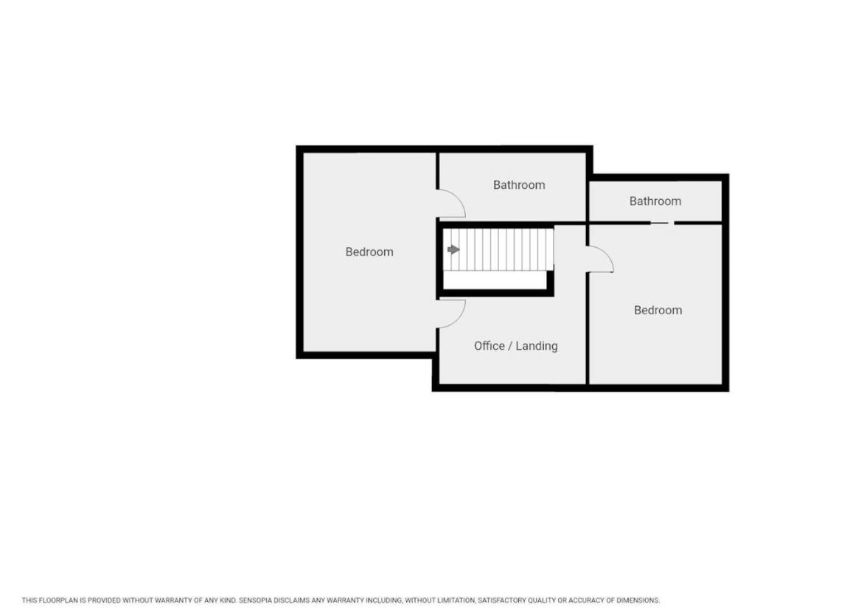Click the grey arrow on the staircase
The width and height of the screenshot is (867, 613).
click(453, 249)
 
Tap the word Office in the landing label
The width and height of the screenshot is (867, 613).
click(490, 346)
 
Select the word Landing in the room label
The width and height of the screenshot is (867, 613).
click(537, 347)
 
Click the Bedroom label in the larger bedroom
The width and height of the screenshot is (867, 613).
click(369, 252)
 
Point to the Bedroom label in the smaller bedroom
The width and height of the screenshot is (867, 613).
click(658, 310)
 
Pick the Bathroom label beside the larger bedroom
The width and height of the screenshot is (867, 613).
click(519, 184)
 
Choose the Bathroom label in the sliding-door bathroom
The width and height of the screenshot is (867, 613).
click(655, 201)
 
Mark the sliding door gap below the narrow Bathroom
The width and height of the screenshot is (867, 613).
click(662, 223)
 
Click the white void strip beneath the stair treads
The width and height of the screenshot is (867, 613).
click(495, 280)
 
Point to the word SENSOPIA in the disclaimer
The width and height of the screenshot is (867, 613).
click(255, 600)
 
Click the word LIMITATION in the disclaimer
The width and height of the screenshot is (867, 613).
click(456, 600)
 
